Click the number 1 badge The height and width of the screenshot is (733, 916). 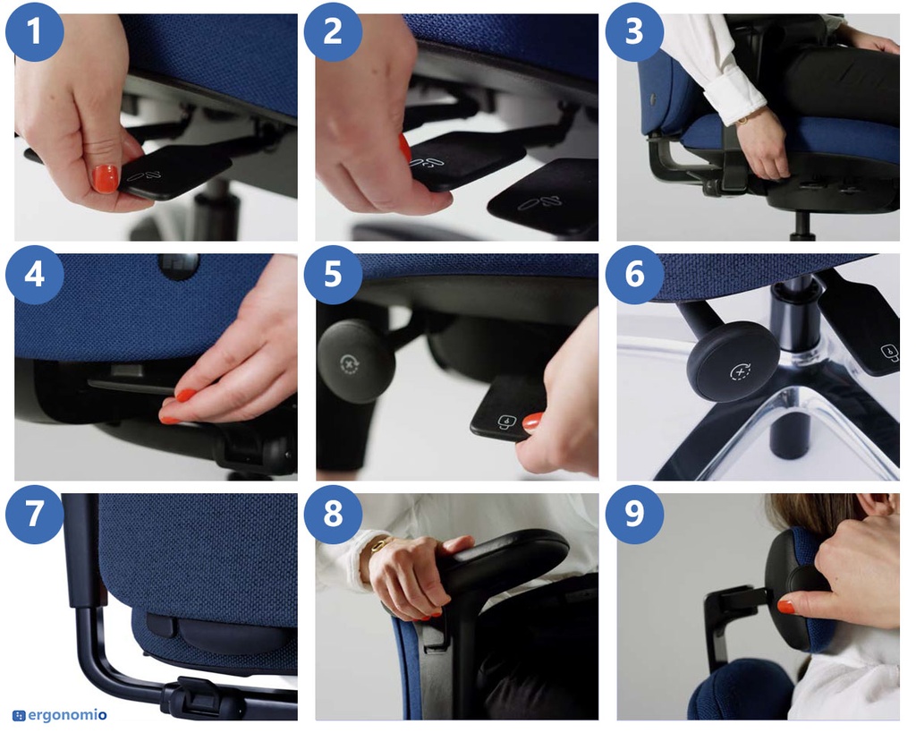click(35, 32)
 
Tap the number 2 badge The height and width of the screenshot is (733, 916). click(333, 32)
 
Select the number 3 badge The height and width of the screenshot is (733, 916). click(634, 32)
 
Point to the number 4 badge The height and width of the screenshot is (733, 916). click(35, 275)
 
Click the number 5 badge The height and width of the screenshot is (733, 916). click(333, 275)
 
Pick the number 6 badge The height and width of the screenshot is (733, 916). click(634, 275)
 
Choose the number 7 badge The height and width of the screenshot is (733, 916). click(35, 515)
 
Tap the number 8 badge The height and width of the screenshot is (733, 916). click(333, 515)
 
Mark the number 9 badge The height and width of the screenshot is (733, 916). click(634, 515)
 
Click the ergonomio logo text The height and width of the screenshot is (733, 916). click(67, 715)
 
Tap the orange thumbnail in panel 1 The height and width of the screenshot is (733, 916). click(106, 178)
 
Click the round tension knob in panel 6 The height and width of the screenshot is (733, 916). click(734, 362)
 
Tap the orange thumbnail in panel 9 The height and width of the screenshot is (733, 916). click(786, 606)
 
